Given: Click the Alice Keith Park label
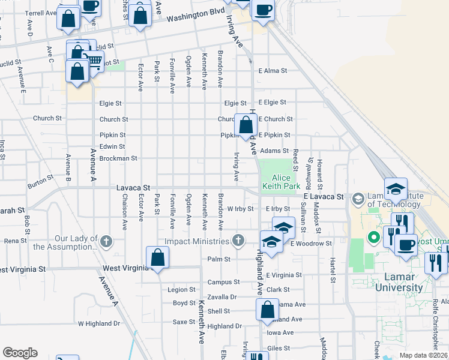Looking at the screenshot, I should (x=281, y=182).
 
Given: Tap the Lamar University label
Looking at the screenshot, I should (x=399, y=282).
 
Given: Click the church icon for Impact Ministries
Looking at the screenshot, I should (x=238, y=241).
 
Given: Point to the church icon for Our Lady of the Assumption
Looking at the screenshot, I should (x=106, y=241).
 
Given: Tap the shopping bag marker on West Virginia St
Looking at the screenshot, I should (x=157, y=259).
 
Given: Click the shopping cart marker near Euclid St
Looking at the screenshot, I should (x=93, y=60).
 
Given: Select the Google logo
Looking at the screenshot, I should (x=20, y=353).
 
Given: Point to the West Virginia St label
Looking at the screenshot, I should (x=124, y=268).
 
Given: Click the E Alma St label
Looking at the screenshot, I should (x=273, y=71).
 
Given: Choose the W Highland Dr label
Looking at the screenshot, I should (x=99, y=323).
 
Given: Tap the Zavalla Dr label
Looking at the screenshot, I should (x=221, y=297).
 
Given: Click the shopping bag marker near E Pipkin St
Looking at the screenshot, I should (x=246, y=125).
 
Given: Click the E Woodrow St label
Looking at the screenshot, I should (x=311, y=244).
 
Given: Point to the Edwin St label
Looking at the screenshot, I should (x=112, y=146).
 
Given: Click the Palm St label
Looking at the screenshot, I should (x=219, y=259).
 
